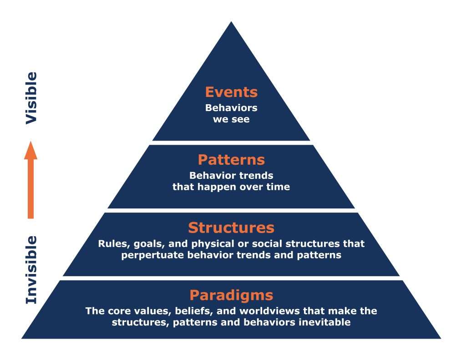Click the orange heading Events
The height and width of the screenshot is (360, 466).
tap(231, 92)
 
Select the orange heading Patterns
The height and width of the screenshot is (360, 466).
tap(231, 160)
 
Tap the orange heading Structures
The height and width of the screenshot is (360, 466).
tap(231, 227)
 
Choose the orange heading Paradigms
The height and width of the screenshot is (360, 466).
tap(231, 295)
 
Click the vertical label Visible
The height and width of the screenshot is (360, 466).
tap(31, 98)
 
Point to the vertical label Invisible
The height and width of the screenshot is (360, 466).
tap(31, 269)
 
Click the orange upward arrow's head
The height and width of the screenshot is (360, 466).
tap(30, 150)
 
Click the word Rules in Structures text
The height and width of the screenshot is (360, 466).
tap(111, 243)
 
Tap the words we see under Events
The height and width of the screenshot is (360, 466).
tap(231, 120)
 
